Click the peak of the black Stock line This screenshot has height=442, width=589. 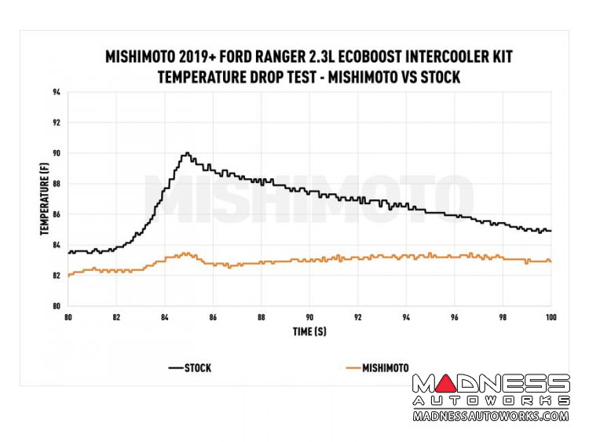pos(187,153)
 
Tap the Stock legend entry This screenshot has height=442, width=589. pos(189,367)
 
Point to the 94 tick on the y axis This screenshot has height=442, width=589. pos(57,93)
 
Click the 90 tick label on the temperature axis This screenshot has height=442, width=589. pos(57,154)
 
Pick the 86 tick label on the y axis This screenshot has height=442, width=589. pos(57,214)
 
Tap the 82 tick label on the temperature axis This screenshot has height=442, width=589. pos(57,276)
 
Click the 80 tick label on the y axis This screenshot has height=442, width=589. pos(57,306)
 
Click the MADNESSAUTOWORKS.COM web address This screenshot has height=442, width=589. pos(490,416)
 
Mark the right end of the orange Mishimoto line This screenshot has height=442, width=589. pos(551,261)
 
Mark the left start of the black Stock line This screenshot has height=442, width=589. pos(69,252)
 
